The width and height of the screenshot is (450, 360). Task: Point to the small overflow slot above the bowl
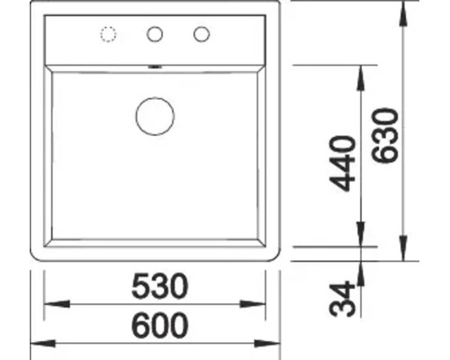coord(155,67)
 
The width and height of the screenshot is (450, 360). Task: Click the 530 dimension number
coord(159,286)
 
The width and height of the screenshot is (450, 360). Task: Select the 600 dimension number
coord(160,325)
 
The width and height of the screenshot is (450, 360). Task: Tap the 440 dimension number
coord(342,164)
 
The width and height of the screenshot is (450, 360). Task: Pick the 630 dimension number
coord(385,135)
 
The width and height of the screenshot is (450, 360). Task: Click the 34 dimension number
coord(342,299)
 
